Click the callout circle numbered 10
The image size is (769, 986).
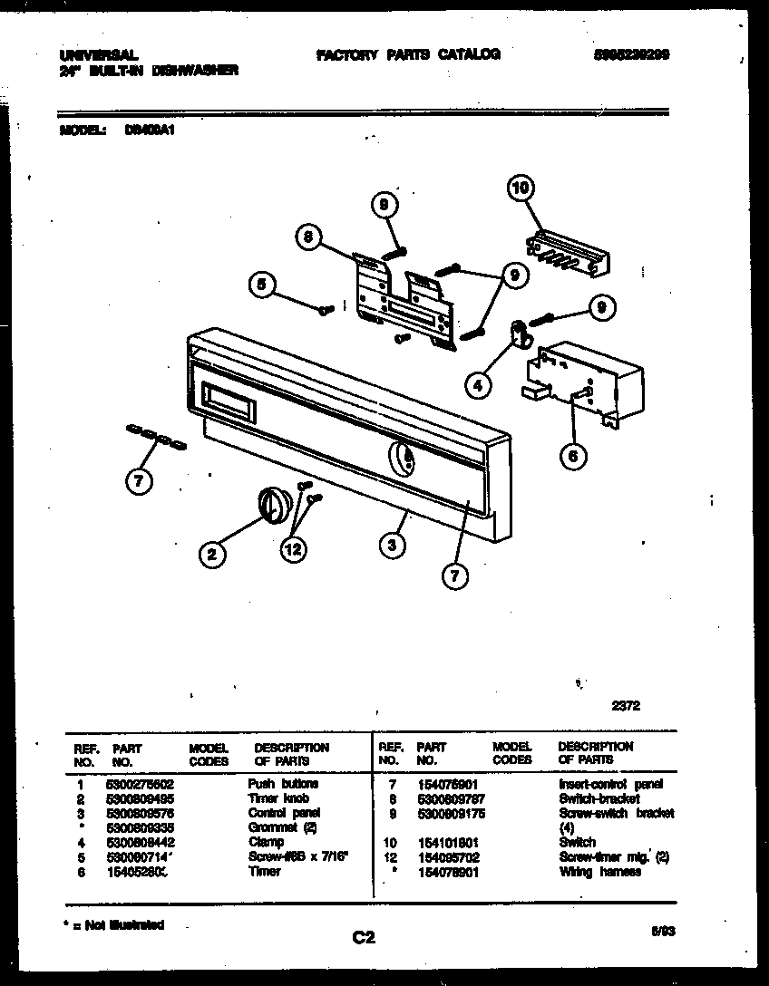[520, 189]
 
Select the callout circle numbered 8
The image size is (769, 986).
[308, 237]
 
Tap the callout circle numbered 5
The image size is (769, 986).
[262, 285]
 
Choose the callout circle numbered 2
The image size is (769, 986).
[211, 556]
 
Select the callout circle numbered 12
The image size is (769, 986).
[293, 549]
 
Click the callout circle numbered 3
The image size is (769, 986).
[392, 545]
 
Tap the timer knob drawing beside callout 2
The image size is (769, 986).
[271, 501]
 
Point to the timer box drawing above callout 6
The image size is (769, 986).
[580, 376]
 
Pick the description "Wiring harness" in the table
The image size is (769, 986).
[599, 872]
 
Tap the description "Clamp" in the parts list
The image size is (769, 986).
[266, 842]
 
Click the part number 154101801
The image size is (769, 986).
[447, 842]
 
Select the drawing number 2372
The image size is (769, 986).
[625, 707]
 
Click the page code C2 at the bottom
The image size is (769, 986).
[364, 939]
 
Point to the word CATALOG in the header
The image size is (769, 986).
[469, 54]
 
